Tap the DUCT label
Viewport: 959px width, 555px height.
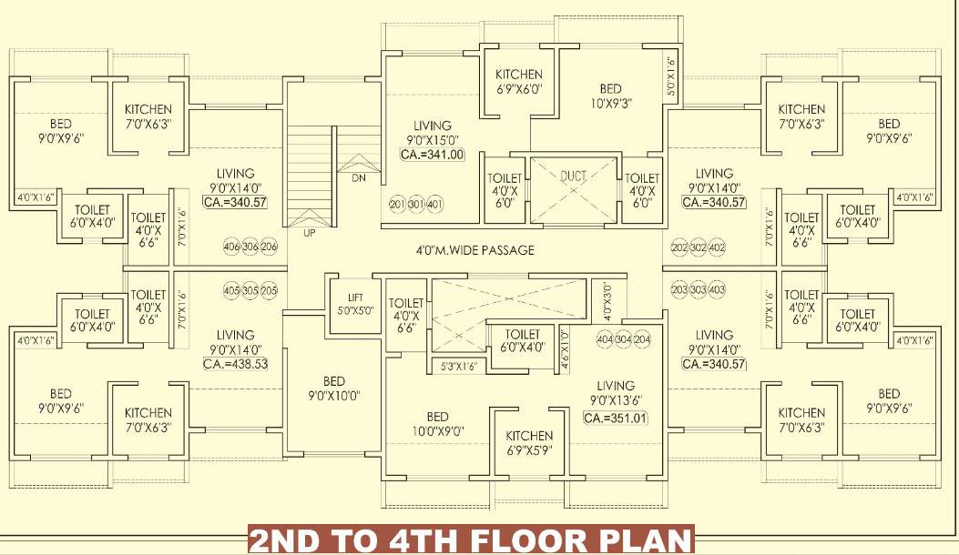tap(574, 176)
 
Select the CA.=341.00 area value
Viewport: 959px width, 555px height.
tap(433, 155)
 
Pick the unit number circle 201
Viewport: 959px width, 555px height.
tap(397, 204)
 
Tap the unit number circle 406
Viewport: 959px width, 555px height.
tap(230, 247)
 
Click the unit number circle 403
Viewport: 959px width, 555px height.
tap(717, 289)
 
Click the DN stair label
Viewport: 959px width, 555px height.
tap(358, 178)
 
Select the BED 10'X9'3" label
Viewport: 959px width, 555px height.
tap(610, 96)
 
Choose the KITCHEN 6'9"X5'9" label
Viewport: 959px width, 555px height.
tap(529, 442)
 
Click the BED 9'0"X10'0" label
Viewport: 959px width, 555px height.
tap(333, 388)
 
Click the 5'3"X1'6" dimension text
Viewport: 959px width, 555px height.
tap(459, 366)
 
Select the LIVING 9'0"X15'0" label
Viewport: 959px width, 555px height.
tap(432, 133)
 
